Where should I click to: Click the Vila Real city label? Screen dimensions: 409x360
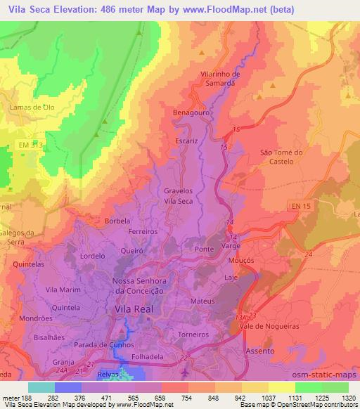click(131, 308)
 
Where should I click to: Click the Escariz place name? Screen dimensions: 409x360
click(188, 140)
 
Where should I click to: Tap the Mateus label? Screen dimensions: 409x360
click(202, 301)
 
